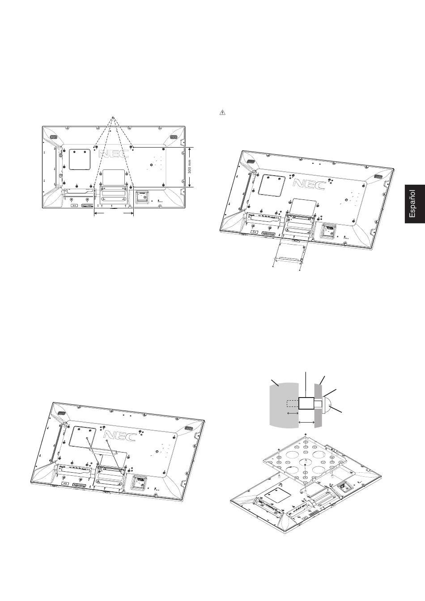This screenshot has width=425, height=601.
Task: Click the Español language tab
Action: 415,204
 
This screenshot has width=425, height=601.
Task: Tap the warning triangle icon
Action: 222,112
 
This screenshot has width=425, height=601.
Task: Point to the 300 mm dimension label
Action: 190,167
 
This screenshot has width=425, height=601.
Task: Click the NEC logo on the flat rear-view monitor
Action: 114,153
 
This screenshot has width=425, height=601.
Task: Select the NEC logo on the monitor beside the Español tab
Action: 309,184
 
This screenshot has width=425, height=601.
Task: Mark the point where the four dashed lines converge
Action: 113,117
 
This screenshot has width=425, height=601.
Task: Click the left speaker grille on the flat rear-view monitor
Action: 54,137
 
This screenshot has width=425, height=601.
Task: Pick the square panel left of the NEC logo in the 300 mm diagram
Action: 79,159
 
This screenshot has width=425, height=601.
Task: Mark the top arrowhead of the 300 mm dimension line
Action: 190,149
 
